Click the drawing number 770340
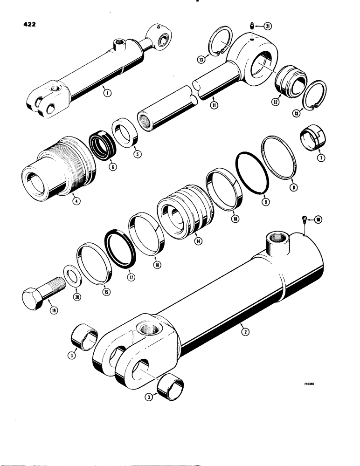pos(310,385)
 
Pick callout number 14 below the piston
pos(198,241)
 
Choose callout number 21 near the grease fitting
pos(267,26)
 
